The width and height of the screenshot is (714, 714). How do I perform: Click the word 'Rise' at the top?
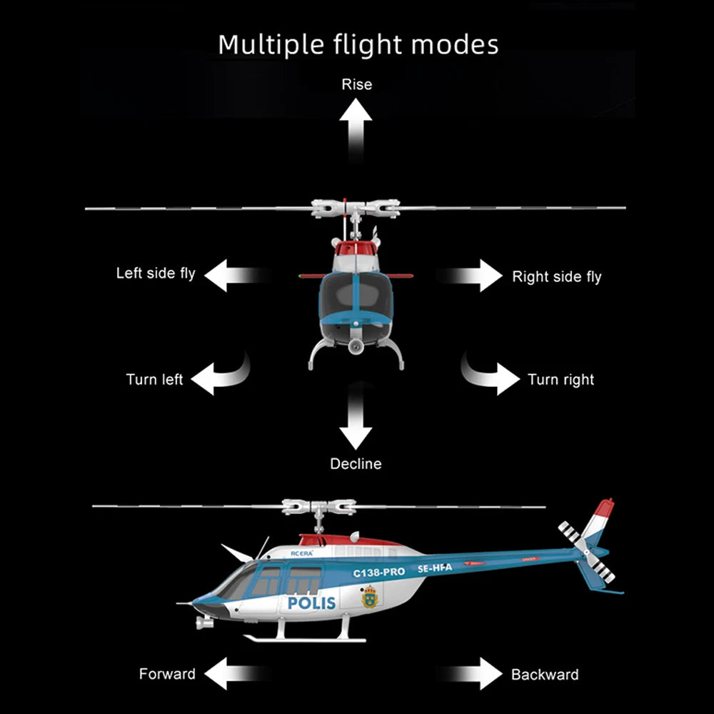356,84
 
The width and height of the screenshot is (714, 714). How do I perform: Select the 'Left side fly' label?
156,273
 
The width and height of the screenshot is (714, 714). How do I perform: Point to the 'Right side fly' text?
557,277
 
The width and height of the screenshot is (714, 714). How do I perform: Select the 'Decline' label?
356,464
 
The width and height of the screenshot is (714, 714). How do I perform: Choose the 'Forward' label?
167,674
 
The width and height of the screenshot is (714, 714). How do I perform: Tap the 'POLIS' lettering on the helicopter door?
311,603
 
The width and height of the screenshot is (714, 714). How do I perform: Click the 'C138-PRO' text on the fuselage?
378,573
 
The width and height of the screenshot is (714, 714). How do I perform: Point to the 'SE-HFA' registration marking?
435,568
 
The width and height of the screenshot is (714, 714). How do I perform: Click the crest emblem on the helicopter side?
369,597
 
